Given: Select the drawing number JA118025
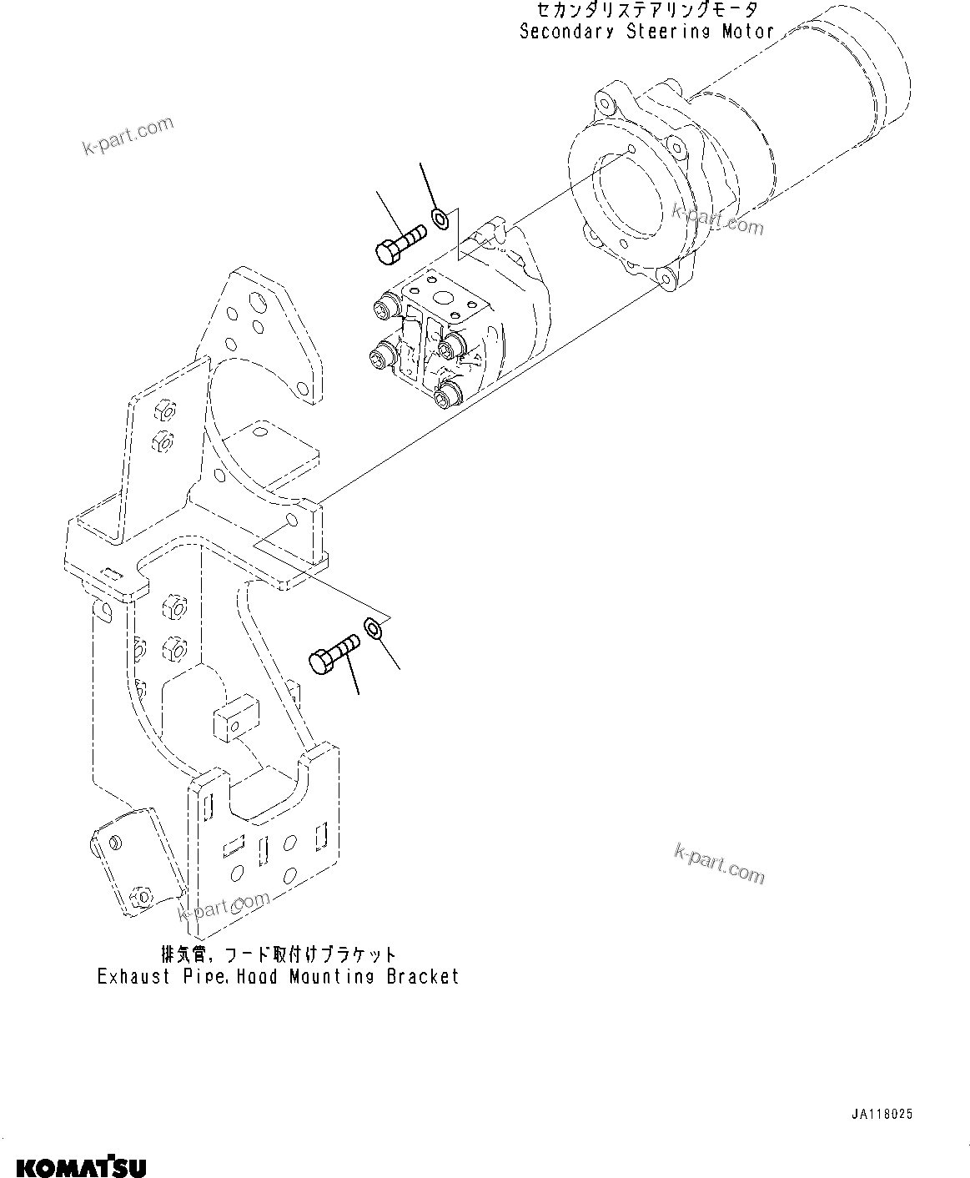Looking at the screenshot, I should click(882, 1114).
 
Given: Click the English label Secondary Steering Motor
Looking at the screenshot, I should click(646, 33).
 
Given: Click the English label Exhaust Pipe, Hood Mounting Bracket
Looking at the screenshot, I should click(278, 976).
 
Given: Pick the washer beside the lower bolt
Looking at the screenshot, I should click(374, 627).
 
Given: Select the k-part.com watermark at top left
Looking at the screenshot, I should click(116, 136).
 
